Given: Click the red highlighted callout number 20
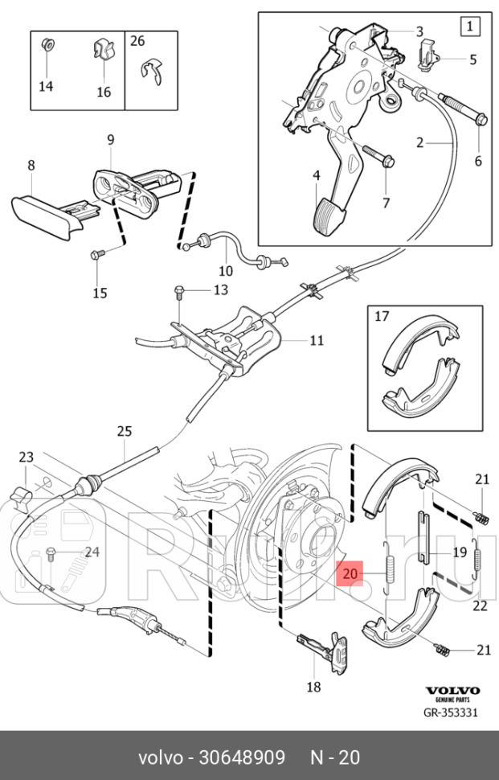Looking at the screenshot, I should pos(350,574).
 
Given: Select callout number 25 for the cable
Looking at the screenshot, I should pos(124,432).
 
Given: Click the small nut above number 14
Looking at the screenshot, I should pos(47,44).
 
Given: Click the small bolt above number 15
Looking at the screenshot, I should pos(96,255).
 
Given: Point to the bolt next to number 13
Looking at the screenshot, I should pos(181,289).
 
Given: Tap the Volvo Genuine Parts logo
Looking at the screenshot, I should pos(452,694).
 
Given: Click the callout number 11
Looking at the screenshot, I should pos(317,340).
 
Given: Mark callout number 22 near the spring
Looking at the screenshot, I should pos(480,606).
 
